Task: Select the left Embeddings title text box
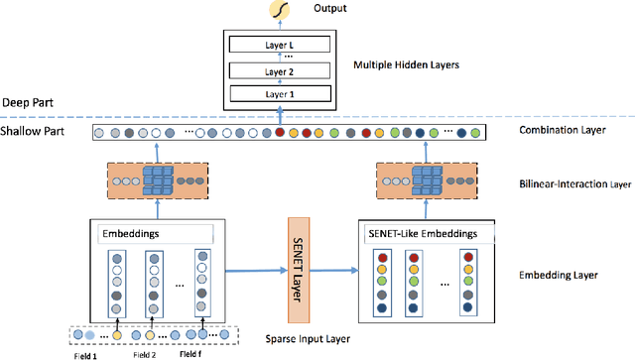(x=154, y=235)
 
